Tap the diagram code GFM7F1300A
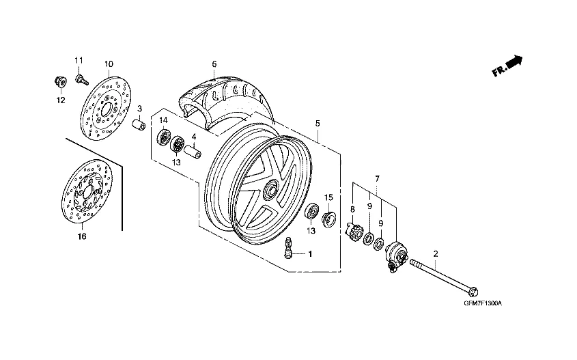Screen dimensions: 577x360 483,304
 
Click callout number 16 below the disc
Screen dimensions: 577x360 82,236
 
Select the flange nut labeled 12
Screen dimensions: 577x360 60,82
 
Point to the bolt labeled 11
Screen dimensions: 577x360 82,80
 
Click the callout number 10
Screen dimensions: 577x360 109,64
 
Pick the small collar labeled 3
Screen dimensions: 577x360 139,124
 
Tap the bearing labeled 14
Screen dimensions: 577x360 163,137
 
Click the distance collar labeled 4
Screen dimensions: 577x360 192,151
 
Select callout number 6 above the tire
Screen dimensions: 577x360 214,64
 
